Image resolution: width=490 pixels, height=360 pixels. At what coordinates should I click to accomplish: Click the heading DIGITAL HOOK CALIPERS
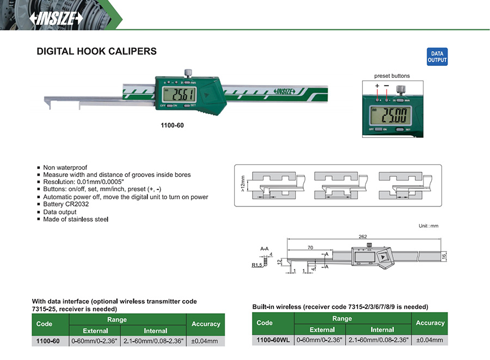[x=96, y=52]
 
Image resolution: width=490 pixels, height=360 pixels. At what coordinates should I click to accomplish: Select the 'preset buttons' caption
[x=391, y=76]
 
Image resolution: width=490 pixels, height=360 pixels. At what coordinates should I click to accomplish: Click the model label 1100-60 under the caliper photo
[x=172, y=125]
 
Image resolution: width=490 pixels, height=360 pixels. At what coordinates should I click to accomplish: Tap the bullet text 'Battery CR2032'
[x=66, y=204]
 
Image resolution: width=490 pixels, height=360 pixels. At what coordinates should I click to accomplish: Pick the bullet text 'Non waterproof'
[x=65, y=168]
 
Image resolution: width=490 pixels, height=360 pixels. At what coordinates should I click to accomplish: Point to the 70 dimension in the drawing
[x=310, y=248]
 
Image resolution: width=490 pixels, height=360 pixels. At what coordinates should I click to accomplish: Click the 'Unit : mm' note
[x=428, y=225]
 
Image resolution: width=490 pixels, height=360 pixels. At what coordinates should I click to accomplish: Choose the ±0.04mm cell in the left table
[x=205, y=341]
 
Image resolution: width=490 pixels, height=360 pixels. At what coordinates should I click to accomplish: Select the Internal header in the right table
[x=382, y=330]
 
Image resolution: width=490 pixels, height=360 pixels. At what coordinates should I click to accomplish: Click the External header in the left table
[x=95, y=331]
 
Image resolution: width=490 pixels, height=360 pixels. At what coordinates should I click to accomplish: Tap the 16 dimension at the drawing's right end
[x=444, y=256]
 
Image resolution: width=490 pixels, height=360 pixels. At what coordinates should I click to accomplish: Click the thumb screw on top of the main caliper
[x=188, y=72]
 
